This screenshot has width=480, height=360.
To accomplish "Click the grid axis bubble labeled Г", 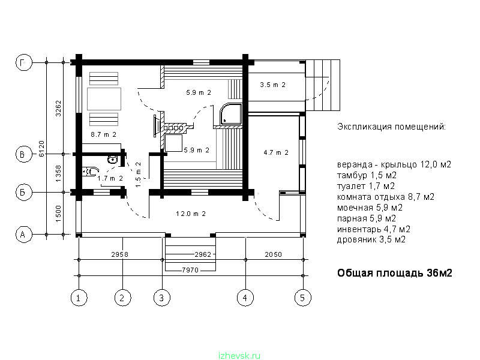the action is (x=23, y=62).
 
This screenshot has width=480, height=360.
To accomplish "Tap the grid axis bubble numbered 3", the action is (x=161, y=298).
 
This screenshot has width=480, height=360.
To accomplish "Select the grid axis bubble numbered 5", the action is (x=303, y=298).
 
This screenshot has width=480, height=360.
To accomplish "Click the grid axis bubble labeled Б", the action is (x=23, y=192).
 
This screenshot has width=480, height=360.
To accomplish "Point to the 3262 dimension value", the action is (x=58, y=109).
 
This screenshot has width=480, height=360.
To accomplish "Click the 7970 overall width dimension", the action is (x=190, y=270).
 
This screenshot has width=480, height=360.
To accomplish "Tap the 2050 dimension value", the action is (x=273, y=254).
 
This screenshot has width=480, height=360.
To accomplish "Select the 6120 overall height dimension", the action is (x=41, y=149).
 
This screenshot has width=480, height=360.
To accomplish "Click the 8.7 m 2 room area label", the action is (x=103, y=134).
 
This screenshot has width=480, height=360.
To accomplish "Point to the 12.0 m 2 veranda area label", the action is (x=191, y=214).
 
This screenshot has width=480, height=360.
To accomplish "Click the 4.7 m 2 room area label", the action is (x=276, y=152).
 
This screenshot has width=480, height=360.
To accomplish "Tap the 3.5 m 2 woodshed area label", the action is (x=273, y=85).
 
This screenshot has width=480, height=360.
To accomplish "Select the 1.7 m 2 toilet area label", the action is (x=110, y=178).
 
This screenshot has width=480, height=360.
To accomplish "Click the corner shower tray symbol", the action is (x=231, y=114).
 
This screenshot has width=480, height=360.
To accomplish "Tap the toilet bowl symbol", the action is (x=91, y=172).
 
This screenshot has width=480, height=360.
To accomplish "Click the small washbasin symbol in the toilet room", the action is (x=113, y=160).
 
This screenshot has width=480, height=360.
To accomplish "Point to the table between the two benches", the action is (x=104, y=99).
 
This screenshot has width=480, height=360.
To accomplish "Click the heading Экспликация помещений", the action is (x=392, y=127).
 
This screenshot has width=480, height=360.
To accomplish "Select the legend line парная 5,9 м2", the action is (x=367, y=218).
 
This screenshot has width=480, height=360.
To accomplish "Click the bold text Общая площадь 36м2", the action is (x=395, y=273).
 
